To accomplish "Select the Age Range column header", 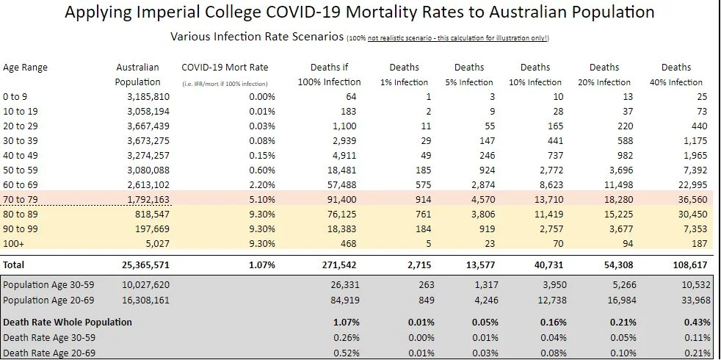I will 25,68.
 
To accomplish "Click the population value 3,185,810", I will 138,97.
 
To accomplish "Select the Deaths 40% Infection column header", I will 675,74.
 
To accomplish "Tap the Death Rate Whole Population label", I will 68,322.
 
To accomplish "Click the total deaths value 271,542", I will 341,264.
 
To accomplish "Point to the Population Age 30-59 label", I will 50,284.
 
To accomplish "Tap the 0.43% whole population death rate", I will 696,322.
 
